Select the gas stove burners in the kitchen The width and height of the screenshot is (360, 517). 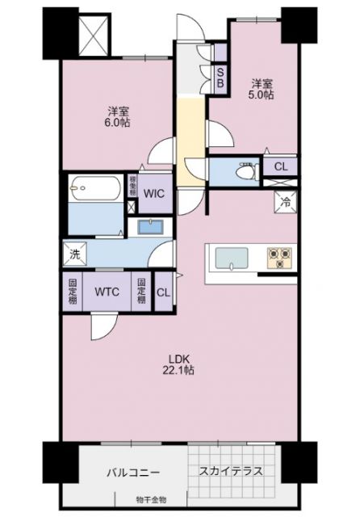pos(281,257)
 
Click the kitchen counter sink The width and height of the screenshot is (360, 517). pos(235,258)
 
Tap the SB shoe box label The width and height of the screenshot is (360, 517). pos(220,74)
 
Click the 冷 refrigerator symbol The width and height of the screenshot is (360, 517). pos(286,203)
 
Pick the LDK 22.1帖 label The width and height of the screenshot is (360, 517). pos(180,364)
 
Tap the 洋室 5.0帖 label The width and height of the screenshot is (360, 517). pos(261,89)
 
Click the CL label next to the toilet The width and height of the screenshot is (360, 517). pos(280,167)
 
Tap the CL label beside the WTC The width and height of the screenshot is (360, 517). pos(162,292)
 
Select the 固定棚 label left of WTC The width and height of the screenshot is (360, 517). pos(72,292)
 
